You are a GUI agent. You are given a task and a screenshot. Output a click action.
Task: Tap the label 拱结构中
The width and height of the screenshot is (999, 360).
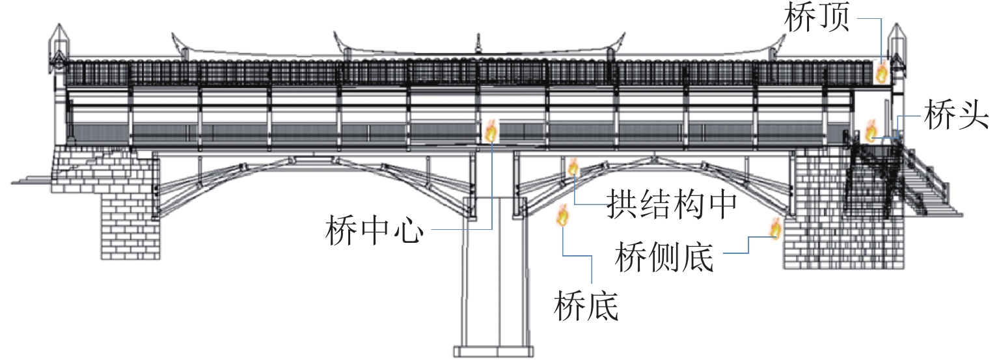pos(671,205)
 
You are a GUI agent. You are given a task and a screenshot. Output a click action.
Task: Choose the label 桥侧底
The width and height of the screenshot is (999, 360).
pos(664,257)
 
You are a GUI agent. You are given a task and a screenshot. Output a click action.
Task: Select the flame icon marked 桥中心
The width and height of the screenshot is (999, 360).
pos(491,131)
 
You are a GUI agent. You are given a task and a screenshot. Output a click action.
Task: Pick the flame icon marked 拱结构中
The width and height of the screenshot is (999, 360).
pos(573,167)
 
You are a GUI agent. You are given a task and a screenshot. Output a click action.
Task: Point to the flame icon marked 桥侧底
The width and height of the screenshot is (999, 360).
pos(775,228)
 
